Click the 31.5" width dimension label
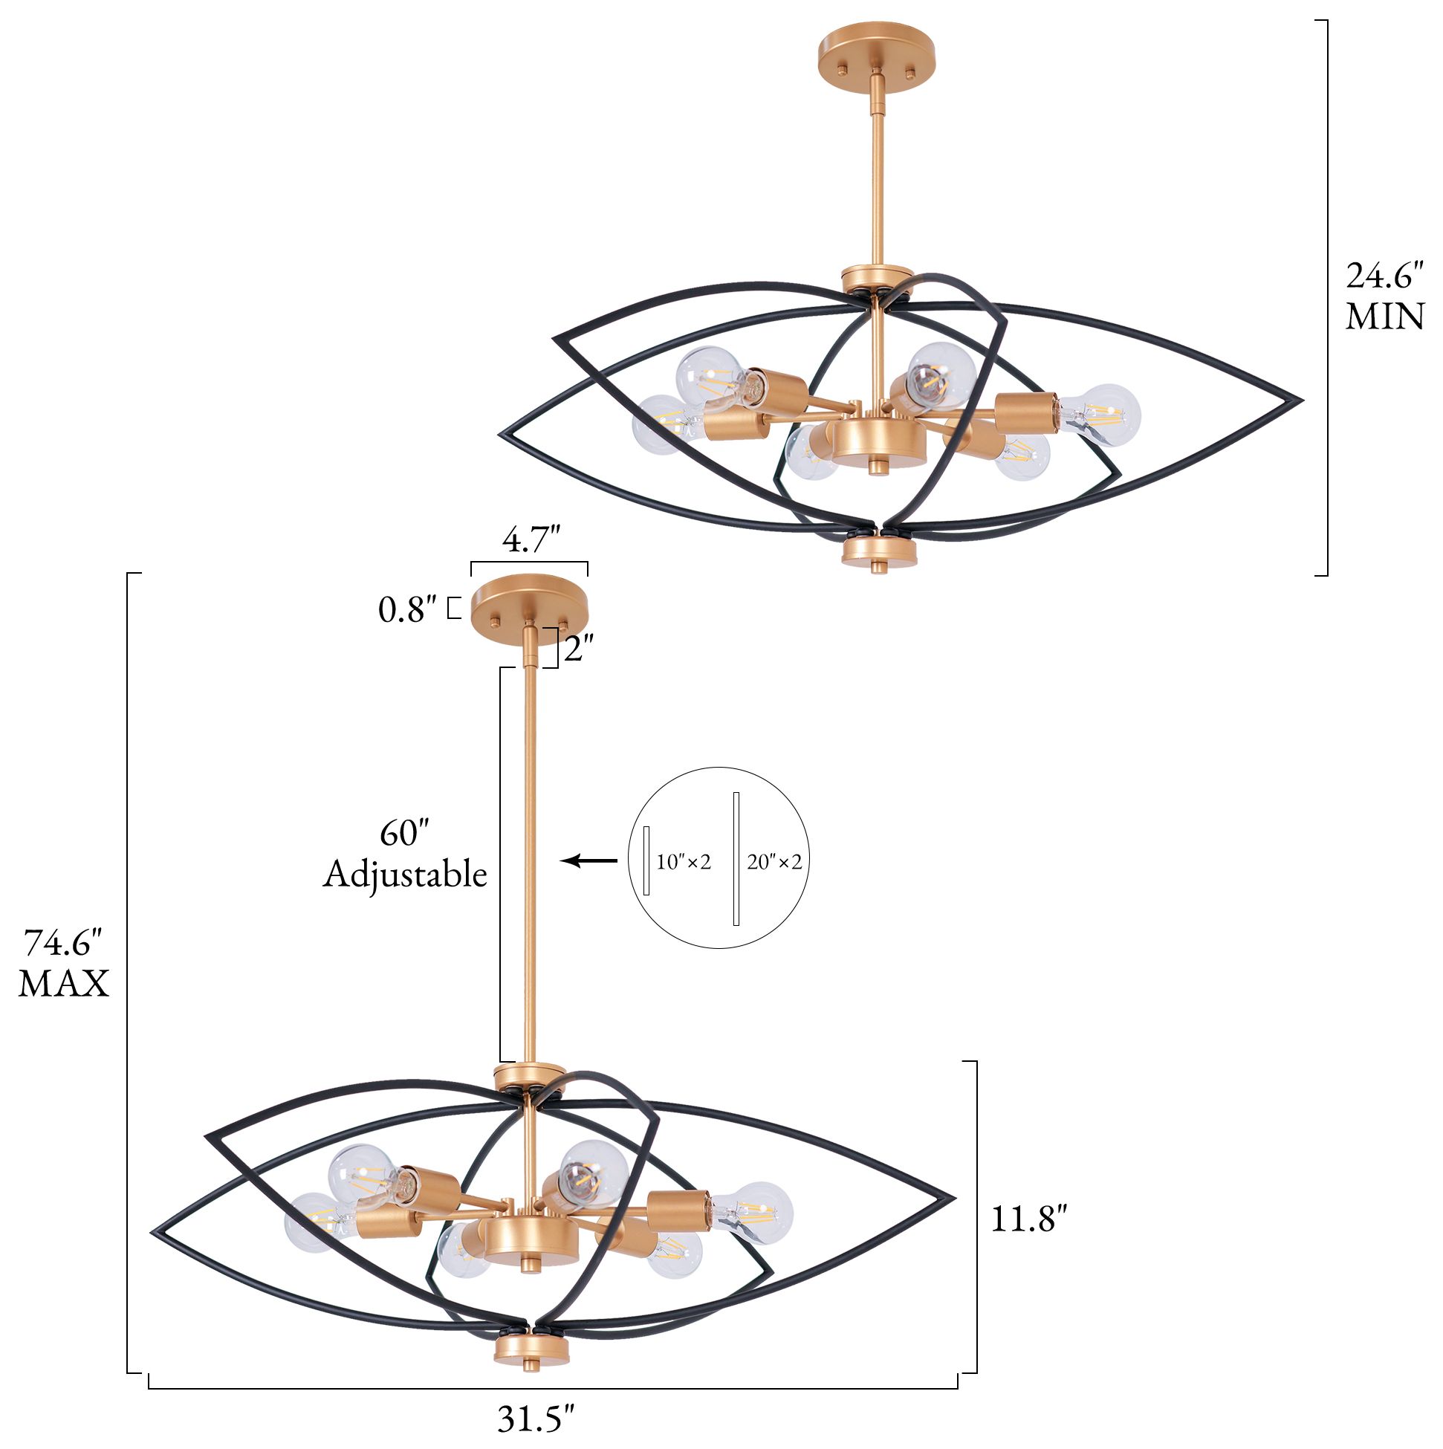(x=536, y=1418)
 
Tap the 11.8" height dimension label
(x=1028, y=1219)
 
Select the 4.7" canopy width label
(x=531, y=539)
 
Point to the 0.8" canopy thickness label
(x=407, y=611)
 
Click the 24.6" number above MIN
(x=1384, y=276)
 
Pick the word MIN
(x=1384, y=317)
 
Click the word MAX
(x=64, y=983)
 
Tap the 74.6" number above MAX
(x=64, y=943)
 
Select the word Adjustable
(x=405, y=874)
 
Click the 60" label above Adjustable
(x=404, y=833)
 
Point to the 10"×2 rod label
(x=684, y=863)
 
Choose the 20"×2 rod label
(x=774, y=863)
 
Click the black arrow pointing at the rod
(x=588, y=860)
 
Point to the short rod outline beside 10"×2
(x=646, y=860)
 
